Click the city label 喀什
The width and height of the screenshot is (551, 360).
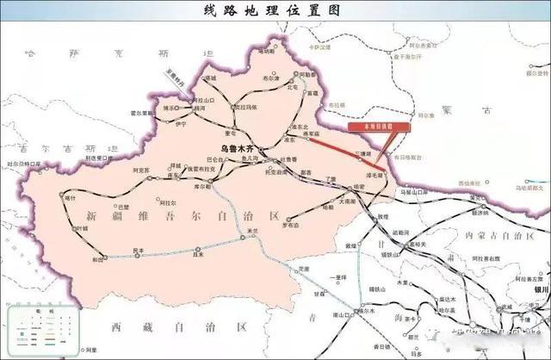pos(71,198)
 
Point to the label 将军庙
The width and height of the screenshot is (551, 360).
pos(311,133)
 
